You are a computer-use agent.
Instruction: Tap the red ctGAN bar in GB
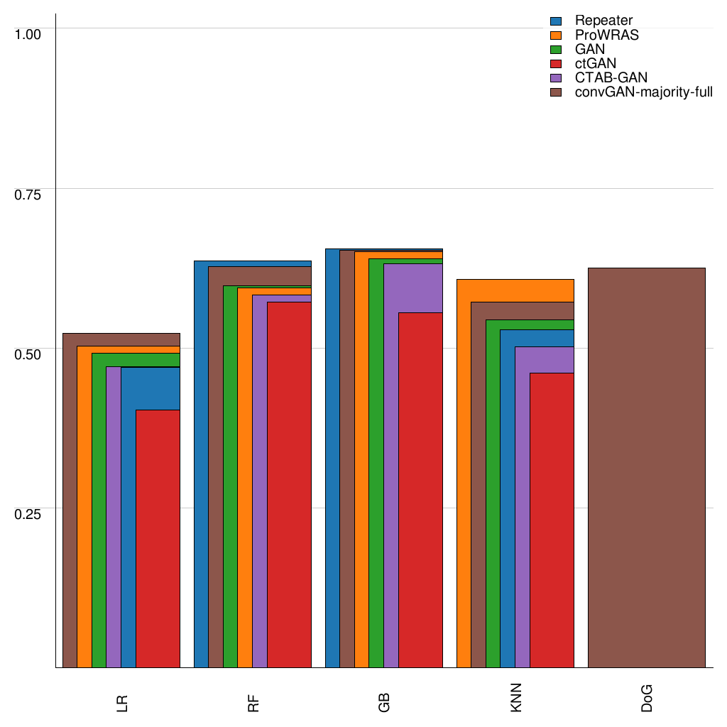tap(420, 490)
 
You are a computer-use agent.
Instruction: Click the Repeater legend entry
tap(603, 21)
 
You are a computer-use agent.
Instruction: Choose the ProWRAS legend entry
tap(606, 35)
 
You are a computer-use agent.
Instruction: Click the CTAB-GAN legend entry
tap(611, 77)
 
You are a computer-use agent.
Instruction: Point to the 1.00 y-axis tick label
tap(29, 33)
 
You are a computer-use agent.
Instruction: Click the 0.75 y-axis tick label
tap(29, 194)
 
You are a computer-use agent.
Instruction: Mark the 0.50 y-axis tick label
tap(29, 354)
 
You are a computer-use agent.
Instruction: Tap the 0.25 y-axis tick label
tap(29, 514)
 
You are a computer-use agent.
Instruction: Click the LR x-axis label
tap(122, 704)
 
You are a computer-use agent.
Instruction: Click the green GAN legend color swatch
tap(557, 49)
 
